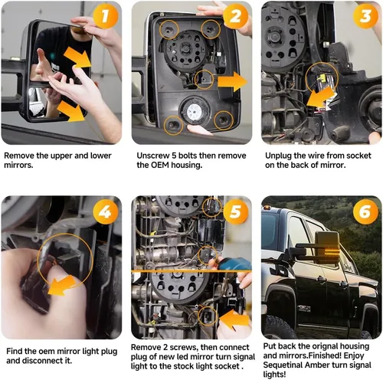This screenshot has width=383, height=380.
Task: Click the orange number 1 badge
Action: (106, 16)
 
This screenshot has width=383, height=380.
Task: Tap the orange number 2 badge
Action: (235, 16)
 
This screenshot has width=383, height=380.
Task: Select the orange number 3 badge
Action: (365, 16)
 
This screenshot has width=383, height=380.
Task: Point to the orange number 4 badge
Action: (106, 211)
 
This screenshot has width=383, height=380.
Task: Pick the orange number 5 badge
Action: (235, 211)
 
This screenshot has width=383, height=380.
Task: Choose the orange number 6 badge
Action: (365, 211)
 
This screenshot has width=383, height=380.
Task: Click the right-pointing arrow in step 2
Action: (232, 82)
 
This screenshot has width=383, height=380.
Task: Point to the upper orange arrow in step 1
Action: (77, 57)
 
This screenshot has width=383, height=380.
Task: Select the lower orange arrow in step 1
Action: (71, 111)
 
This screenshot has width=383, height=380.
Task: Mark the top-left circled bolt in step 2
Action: (169, 30)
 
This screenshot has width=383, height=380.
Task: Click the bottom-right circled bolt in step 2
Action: (224, 120)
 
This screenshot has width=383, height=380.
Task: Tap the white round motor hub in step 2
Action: (195, 112)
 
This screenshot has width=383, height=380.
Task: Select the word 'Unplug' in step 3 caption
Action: (279, 156)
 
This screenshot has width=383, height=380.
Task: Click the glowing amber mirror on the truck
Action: (327, 248)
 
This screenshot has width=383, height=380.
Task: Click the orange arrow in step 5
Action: (234, 319)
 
